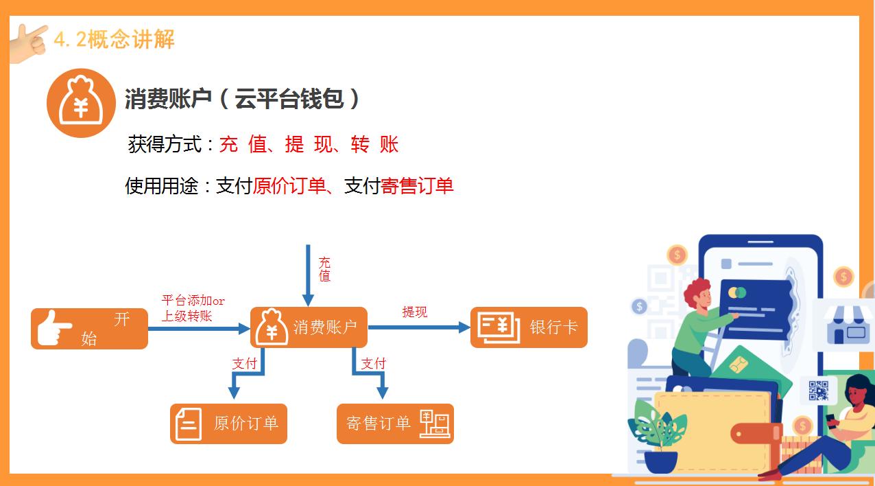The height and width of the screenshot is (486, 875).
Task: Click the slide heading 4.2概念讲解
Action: tap(114, 40)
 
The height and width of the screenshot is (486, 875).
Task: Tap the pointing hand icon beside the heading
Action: tap(29, 43)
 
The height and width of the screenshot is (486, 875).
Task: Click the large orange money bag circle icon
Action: tap(80, 103)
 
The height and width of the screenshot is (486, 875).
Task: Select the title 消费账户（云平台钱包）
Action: tap(242, 100)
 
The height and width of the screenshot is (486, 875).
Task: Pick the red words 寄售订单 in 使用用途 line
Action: tap(417, 185)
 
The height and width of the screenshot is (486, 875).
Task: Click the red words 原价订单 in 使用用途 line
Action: tap(289, 185)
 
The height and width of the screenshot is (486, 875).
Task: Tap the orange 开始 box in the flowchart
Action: tap(89, 328)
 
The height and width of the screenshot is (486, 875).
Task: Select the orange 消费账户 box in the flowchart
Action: tap(309, 327)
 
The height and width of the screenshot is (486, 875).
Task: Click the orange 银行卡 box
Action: tap(529, 327)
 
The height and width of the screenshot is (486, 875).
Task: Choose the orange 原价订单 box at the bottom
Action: tap(228, 424)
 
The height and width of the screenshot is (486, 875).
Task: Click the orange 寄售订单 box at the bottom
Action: tap(395, 424)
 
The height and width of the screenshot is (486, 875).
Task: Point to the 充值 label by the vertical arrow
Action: tap(324, 269)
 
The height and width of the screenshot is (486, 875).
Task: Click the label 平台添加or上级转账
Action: tap(193, 308)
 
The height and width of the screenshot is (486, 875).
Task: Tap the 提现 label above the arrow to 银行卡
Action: tap(414, 312)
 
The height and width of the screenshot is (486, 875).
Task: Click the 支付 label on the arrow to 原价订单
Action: tap(244, 363)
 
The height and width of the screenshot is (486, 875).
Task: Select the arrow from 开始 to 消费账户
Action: tap(199, 329)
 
